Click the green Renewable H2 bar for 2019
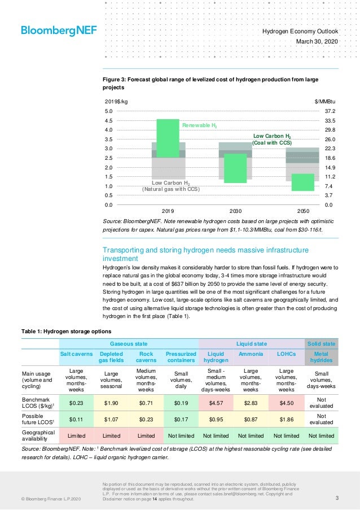[x=168, y=138]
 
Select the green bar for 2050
[x=302, y=182]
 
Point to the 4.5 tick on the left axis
[x=109, y=121]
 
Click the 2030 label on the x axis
[x=235, y=211]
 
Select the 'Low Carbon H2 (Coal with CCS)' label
[x=272, y=140]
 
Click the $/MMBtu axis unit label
[x=325, y=101]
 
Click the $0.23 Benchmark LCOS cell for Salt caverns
[x=76, y=403]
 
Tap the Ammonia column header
[x=251, y=354]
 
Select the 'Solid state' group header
[x=321, y=343]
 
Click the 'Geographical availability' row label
[x=39, y=436]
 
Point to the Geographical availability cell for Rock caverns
[x=146, y=436]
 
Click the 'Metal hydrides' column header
[x=321, y=357]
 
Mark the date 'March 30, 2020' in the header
[x=316, y=42]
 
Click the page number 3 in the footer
[x=336, y=498]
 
